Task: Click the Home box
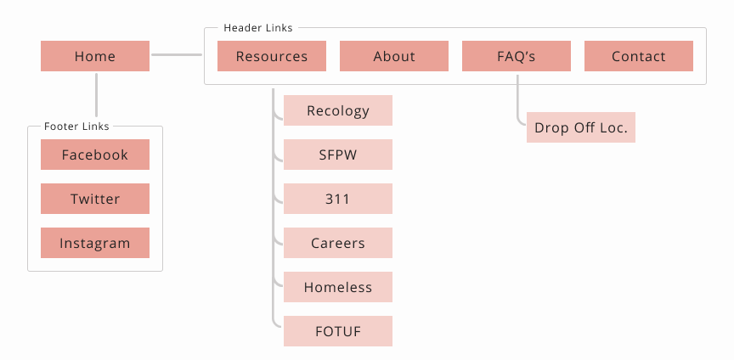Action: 95,56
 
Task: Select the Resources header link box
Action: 272,56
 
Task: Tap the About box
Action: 394,56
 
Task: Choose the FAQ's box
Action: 517,56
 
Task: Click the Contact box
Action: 639,56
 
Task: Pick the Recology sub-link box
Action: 338,110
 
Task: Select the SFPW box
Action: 338,155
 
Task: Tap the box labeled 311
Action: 338,199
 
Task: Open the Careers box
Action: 338,243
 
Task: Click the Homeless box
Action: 338,287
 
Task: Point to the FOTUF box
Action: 338,331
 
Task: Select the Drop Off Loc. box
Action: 581,127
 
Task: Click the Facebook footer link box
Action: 95,155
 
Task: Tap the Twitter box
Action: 95,199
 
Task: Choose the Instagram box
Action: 95,243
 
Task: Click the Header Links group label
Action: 258,28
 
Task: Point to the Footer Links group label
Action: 76,127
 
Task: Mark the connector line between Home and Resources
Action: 177,55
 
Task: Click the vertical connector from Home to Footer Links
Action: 97,94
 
